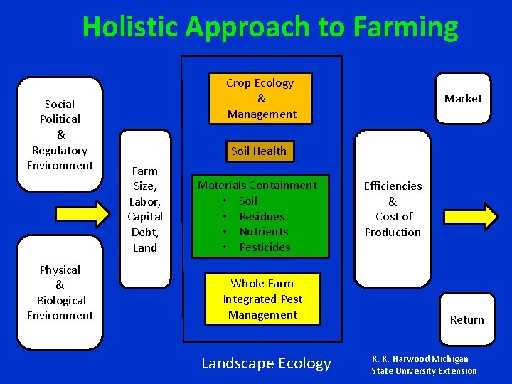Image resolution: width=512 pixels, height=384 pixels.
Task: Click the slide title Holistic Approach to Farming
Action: pyautogui.click(x=270, y=27)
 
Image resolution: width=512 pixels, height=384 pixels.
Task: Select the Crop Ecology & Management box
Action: pyautogui.click(x=261, y=98)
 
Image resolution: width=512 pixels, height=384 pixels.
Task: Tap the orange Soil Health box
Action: pyautogui.click(x=259, y=151)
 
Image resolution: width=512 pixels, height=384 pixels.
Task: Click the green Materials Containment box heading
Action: pyautogui.click(x=257, y=185)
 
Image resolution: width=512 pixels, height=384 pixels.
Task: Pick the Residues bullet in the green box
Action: pyautogui.click(x=262, y=216)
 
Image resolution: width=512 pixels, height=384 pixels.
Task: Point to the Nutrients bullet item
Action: pyautogui.click(x=264, y=232)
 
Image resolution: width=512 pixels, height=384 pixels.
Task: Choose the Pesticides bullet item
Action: pyautogui.click(x=265, y=247)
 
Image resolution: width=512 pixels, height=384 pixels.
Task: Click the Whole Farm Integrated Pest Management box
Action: pyautogui.click(x=262, y=299)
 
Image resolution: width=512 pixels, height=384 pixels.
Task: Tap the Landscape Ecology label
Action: pyautogui.click(x=266, y=363)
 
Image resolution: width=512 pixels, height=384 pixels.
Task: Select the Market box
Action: pyautogui.click(x=463, y=98)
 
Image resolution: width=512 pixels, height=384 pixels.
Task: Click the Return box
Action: pyautogui.click(x=466, y=320)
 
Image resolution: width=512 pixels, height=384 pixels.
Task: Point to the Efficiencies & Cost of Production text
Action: pyautogui.click(x=393, y=209)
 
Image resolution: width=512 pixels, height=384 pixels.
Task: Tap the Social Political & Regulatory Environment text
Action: pyautogui.click(x=60, y=135)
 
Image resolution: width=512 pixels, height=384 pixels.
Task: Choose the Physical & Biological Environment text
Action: pyautogui.click(x=60, y=292)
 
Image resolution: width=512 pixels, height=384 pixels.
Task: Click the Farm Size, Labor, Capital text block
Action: pyautogui.click(x=145, y=209)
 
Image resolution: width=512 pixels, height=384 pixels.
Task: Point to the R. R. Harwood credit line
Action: pyautogui.click(x=424, y=365)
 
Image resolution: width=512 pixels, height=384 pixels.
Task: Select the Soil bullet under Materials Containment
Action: pyautogui.click(x=248, y=201)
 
